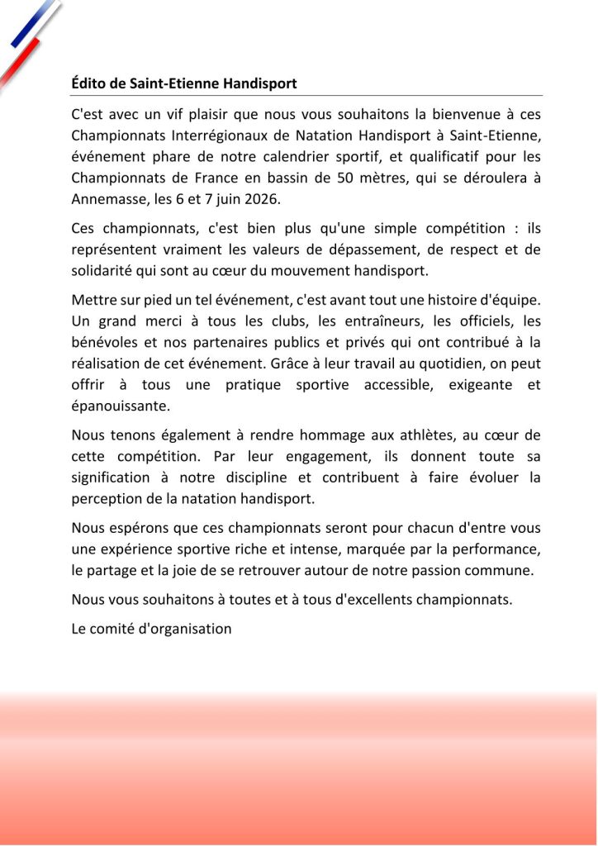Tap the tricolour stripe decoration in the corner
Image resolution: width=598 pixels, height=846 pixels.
point(29,37)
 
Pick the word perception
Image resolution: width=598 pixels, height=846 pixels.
point(104,500)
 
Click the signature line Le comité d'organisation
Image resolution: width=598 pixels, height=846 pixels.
point(151,629)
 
